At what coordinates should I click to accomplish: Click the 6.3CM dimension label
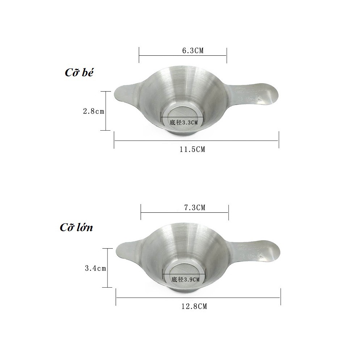[193, 51]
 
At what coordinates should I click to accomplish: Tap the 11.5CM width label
[192, 149]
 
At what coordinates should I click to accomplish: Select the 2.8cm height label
[94, 111]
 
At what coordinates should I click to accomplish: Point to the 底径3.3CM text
[184, 122]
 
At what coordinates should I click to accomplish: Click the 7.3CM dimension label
[195, 208]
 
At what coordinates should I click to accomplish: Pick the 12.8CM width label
[194, 306]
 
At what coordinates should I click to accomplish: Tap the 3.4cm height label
[96, 268]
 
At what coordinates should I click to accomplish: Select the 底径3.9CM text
[186, 279]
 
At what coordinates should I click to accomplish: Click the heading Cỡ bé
[79, 72]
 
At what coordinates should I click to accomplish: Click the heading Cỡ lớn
[76, 227]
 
